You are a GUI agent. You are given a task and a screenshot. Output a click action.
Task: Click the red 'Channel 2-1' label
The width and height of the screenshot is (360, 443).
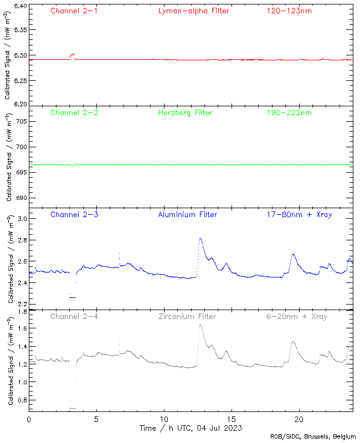74,11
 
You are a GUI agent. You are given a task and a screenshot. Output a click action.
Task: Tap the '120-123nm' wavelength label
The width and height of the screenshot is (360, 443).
288,11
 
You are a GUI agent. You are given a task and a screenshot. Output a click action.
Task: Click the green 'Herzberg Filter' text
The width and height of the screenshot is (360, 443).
185,112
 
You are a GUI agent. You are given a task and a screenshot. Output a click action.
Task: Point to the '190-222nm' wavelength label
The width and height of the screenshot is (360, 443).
288,112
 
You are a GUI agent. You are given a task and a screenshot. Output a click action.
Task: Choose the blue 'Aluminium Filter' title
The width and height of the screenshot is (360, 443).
187,214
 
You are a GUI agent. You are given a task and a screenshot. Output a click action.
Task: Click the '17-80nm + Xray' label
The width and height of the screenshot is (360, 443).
299,214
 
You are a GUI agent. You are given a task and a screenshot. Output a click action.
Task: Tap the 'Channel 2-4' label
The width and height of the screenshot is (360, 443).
74,316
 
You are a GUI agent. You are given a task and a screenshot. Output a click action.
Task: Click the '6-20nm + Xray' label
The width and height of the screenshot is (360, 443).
297,316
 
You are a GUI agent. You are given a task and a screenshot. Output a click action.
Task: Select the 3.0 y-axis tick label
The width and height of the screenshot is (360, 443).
21,219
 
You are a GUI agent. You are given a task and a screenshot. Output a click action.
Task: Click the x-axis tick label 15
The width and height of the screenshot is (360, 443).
232,419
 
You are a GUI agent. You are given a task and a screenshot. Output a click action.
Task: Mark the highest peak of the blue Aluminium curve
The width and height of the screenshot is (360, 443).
200,238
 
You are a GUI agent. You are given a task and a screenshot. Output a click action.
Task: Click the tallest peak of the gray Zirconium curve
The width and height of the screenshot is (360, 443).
200,325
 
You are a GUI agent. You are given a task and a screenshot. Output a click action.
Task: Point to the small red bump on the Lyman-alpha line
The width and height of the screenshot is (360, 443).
73,55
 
